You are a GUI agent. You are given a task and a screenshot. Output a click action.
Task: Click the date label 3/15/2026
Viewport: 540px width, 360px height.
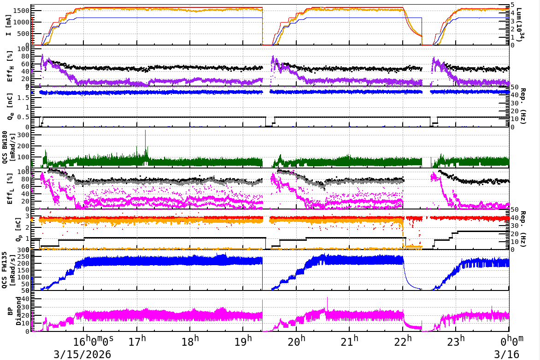coord(82,354)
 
